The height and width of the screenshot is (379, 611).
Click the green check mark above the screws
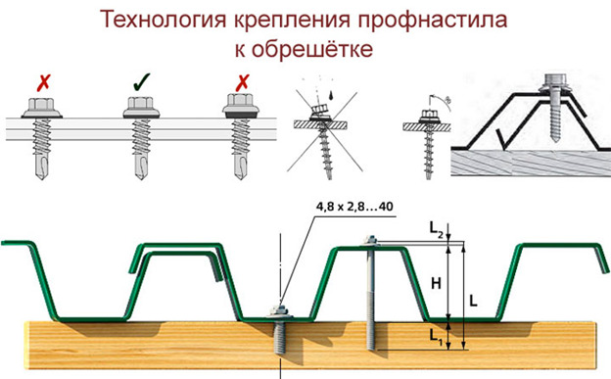[x=138, y=79]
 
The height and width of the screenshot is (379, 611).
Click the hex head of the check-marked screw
[x=138, y=103]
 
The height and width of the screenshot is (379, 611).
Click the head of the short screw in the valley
[x=281, y=311]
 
